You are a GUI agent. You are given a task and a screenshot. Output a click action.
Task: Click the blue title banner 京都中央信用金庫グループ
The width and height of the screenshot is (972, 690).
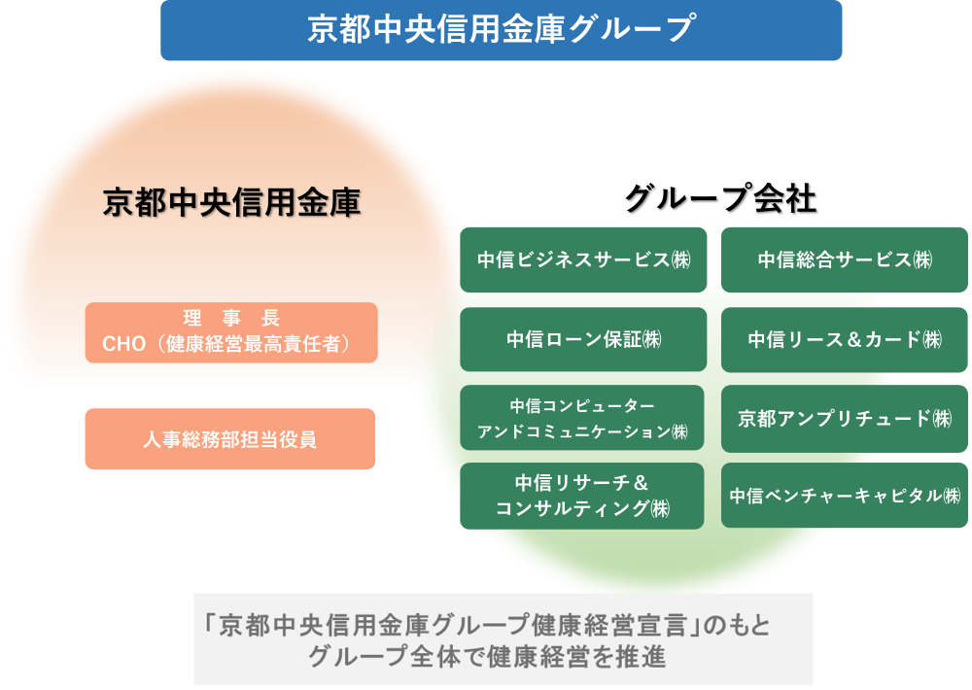[x=501, y=29]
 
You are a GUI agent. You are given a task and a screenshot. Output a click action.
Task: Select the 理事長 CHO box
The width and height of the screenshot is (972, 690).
[x=230, y=332]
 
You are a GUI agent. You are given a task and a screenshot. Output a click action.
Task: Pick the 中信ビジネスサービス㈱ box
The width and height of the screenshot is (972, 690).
[x=583, y=259]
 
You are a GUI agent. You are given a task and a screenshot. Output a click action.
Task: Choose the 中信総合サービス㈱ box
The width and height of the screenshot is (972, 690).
[x=844, y=259]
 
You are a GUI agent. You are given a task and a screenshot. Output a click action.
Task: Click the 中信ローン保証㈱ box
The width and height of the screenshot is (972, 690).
[x=583, y=339]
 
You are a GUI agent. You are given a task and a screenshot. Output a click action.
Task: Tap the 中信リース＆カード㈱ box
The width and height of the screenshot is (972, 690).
[x=844, y=339]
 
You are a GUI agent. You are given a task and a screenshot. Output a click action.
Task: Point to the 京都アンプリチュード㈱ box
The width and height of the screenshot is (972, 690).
[x=844, y=419]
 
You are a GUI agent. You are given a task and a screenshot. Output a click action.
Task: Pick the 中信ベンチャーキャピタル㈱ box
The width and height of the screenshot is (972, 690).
[x=844, y=496]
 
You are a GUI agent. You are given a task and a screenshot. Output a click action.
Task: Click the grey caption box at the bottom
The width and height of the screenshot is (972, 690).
[x=503, y=639]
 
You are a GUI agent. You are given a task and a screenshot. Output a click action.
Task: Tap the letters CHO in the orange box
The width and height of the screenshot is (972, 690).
[x=123, y=344]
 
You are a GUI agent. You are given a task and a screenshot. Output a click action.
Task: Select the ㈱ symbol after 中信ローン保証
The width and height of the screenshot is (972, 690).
[x=651, y=339]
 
